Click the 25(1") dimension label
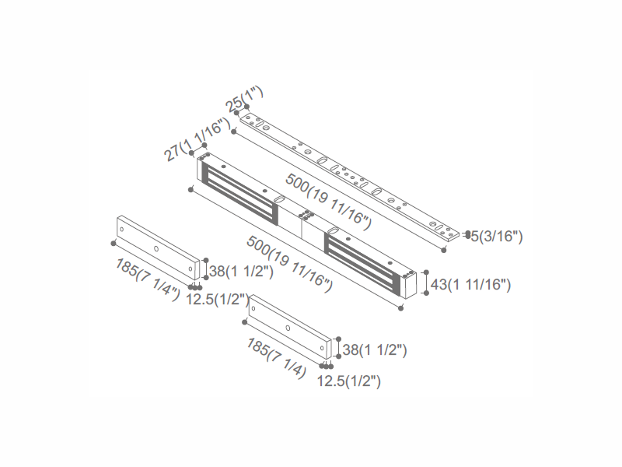[x=244, y=99]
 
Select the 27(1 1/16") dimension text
[x=197, y=139]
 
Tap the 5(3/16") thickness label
[x=497, y=237]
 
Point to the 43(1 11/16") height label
[x=470, y=285]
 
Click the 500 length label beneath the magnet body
[x=290, y=264]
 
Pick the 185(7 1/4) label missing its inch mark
[x=277, y=358]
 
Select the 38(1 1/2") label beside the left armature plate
[x=241, y=272]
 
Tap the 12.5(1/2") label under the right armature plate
[x=348, y=381]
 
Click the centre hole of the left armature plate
[x=156, y=249]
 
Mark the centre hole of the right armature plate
[x=288, y=328]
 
